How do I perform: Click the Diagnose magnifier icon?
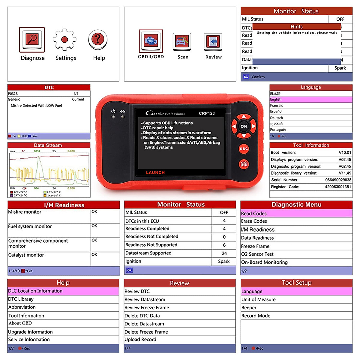pyautogui.click(x=32, y=39)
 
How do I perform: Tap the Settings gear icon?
pyautogui.click(x=64, y=40)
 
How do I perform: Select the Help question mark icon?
pyautogui.click(x=98, y=39)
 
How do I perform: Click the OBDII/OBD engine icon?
pyautogui.click(x=151, y=41)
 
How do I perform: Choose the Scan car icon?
pyautogui.click(x=182, y=42)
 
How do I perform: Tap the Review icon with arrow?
pyautogui.click(x=213, y=42)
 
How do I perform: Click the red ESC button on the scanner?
pyautogui.click(x=244, y=149)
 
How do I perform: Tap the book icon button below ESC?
pyautogui.click(x=244, y=164)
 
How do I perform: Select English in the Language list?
pyautogui.click(x=276, y=100)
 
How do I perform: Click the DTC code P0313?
pyautogui.click(x=13, y=94)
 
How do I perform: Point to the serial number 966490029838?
pyautogui.click(x=338, y=180)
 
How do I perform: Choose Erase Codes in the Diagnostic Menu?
pyautogui.click(x=254, y=221)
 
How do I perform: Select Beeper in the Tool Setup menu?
pyautogui.click(x=249, y=307)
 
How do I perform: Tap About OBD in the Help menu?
pyautogui.click(x=20, y=323)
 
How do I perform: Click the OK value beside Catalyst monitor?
pyautogui.click(x=94, y=255)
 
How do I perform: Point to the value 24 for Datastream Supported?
pyautogui.click(x=224, y=253)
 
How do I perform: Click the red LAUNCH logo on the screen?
pyautogui.click(x=155, y=172)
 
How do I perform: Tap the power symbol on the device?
pyautogui.click(x=113, y=112)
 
